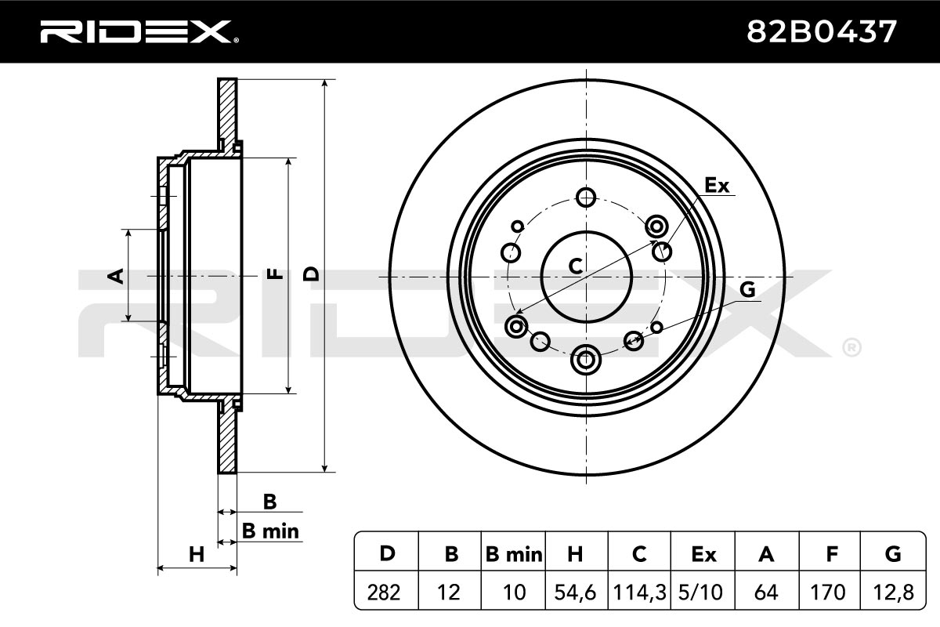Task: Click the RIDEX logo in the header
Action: tap(139, 32)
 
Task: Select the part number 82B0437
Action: tap(822, 32)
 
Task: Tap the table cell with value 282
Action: tap(384, 593)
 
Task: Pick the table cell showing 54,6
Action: tap(575, 593)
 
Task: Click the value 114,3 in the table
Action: tap(639, 593)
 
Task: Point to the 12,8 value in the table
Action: tap(893, 593)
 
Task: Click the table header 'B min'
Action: tap(514, 554)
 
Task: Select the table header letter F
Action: tap(832, 554)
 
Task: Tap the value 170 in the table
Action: tap(828, 593)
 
